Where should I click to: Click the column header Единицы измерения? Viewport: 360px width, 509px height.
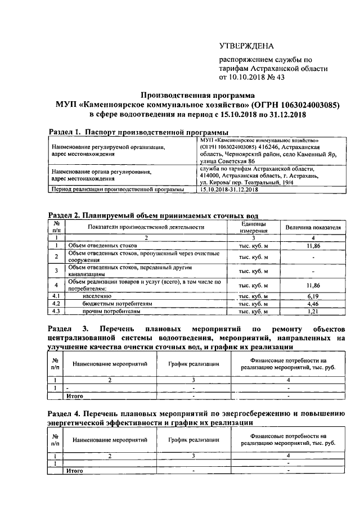(250, 227)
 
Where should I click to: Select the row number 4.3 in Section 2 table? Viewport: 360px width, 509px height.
(56, 311)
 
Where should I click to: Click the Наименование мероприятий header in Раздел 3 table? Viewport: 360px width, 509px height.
(110, 364)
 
